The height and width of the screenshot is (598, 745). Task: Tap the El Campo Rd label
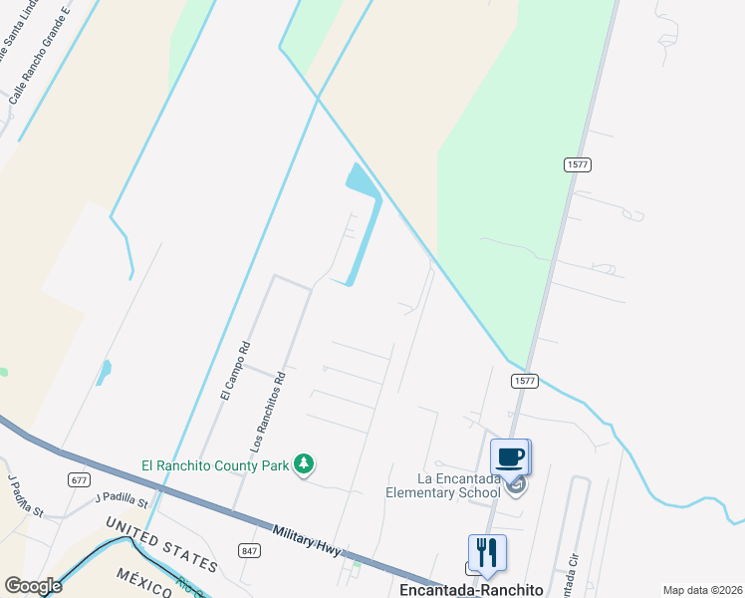coord(235,370)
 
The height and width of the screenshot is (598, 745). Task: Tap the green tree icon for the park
coord(305,464)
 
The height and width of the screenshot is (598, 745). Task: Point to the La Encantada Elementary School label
coord(444,484)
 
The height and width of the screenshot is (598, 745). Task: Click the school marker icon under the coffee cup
coord(515,485)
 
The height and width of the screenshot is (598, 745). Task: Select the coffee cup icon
coord(510,456)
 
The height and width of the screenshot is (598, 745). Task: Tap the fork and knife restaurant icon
coord(487,552)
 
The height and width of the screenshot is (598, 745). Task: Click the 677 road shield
coord(80,479)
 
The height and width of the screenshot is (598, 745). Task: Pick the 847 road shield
coord(249,550)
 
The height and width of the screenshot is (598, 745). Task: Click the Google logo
coord(33,586)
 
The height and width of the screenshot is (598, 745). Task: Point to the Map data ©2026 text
coord(701,590)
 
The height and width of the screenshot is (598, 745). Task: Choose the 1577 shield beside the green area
coord(576,164)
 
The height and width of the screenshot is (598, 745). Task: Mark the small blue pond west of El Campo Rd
coord(104,372)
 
